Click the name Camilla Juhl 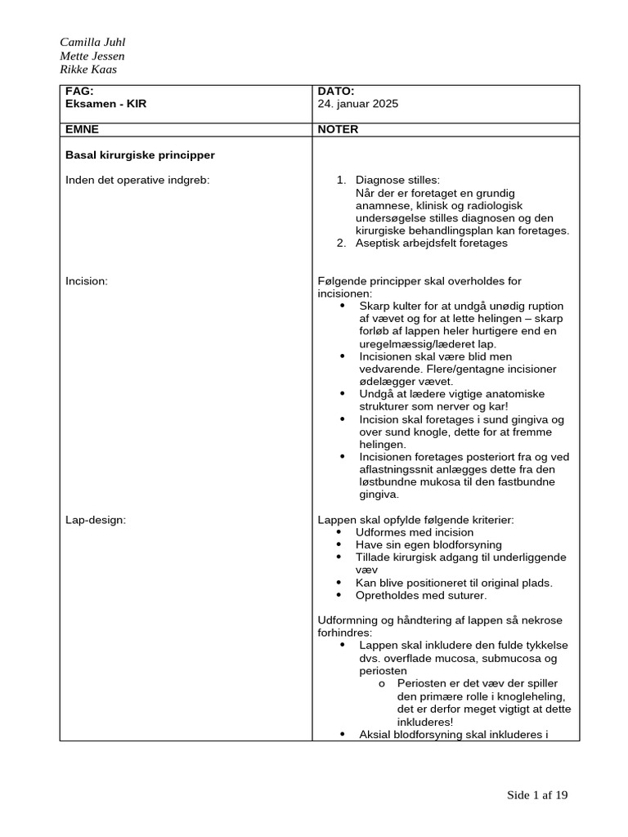[92, 43]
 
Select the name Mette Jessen [92, 56]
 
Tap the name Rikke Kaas [88, 69]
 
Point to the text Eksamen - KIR [106, 105]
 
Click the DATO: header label [335, 92]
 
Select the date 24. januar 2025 [357, 105]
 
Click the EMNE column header [82, 129]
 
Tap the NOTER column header [338, 129]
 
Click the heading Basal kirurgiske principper [140, 154]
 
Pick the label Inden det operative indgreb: [137, 180]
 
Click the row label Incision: [87, 281]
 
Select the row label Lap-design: [95, 520]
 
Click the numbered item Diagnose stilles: [397, 180]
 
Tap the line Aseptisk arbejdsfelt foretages [431, 243]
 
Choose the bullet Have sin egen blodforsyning [428, 544]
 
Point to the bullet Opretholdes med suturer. [415, 595]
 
